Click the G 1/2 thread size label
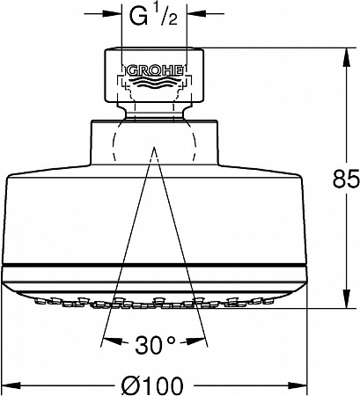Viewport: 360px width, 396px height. pos(153,17)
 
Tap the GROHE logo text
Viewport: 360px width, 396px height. pos(155,70)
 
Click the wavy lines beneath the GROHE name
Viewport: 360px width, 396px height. pos(155,83)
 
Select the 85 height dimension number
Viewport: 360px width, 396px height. pos(346,179)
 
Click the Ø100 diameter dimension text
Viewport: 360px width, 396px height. pos(152,385)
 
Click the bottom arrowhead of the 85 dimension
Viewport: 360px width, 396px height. pos(346,298)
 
